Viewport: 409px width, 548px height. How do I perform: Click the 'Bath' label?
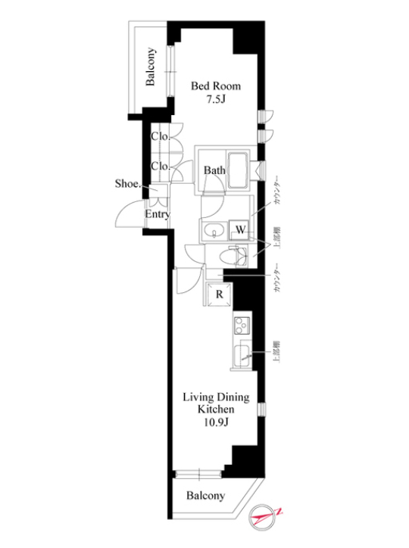click(214, 171)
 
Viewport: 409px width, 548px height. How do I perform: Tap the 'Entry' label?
click(158, 214)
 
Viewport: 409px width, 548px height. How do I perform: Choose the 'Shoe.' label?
click(126, 183)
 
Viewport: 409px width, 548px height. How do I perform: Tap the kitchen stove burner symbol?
click(242, 327)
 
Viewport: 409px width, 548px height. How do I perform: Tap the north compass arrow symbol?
click(266, 518)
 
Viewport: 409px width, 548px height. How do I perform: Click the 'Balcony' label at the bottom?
click(205, 496)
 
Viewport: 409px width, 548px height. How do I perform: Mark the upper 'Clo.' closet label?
click(159, 137)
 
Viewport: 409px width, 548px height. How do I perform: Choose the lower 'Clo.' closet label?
click(159, 166)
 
